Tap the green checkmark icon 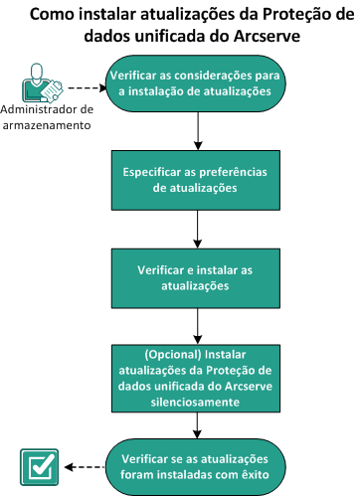pos(36,465)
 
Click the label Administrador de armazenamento pos(47,116)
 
